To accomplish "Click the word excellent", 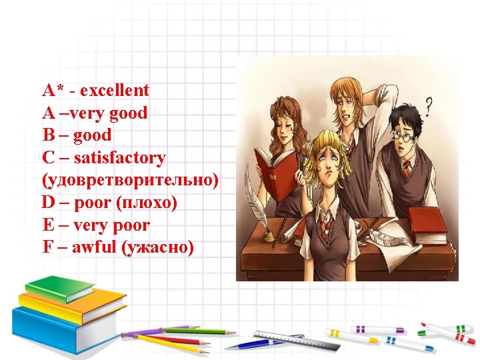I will coord(115,90).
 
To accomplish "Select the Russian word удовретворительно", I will coord(129,181).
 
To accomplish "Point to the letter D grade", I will coord(49,203).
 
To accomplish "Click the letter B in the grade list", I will coord(48,135).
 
